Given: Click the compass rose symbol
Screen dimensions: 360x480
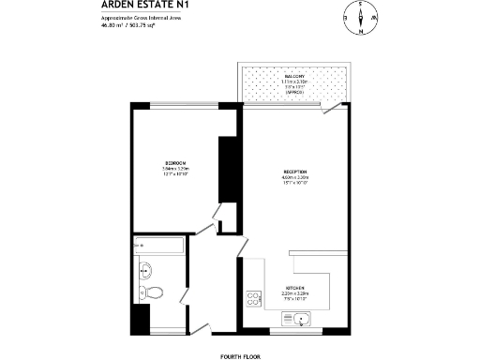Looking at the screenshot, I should pos(361,17).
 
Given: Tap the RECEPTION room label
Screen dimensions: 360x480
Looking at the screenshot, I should pos(296,172).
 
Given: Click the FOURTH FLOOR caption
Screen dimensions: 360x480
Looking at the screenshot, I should pos(239,355).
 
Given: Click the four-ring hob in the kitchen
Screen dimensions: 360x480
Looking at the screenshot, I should pos(253,299).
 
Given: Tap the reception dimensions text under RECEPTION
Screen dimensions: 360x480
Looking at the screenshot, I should pos(296,180).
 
